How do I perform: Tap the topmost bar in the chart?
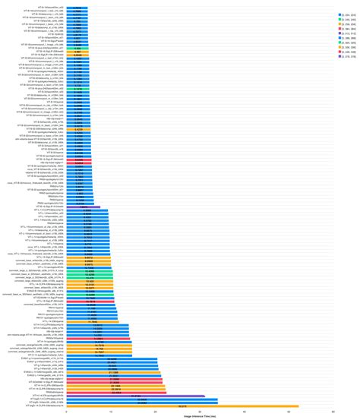(77, 7)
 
